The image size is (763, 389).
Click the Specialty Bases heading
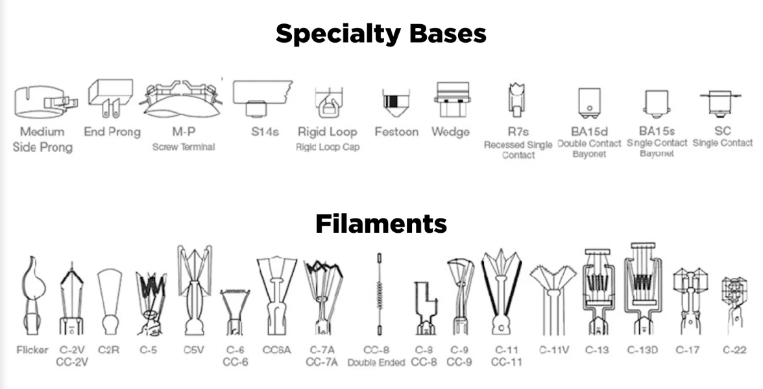381,34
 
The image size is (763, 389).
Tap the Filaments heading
381,224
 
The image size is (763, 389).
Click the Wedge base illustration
452,100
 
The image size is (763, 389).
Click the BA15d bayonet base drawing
589,102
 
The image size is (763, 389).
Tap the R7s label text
518,132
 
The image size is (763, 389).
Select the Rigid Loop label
328,132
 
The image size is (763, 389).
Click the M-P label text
184,132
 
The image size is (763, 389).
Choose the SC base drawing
720,104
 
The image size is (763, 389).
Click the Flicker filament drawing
33,295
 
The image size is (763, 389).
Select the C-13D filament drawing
643,289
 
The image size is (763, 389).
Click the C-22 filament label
734,349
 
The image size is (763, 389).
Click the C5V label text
193,349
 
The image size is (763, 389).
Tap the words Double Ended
376,362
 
